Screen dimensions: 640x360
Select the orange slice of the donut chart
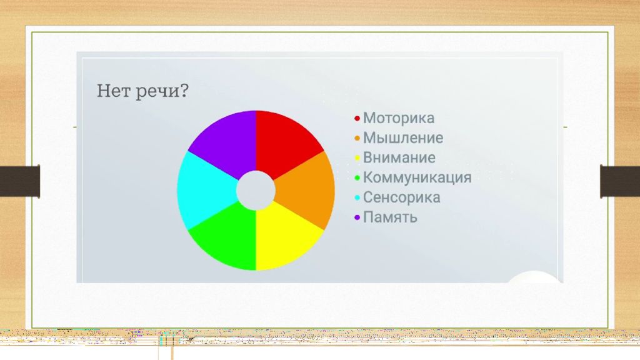coord(307,190)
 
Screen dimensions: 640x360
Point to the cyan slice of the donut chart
coord(205,190)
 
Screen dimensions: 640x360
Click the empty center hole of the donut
coord(256,190)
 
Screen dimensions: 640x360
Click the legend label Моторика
coord(399,118)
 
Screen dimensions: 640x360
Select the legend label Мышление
coord(403,138)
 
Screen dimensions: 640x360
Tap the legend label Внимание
coord(399,157)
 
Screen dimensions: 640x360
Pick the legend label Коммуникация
coord(417,177)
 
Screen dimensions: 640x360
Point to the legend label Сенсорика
coord(402,197)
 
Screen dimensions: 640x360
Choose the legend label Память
coord(390,217)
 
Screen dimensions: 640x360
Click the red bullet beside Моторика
coord(357,118)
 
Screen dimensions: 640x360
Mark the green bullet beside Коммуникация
coord(357,178)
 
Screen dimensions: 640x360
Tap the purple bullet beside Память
coord(357,217)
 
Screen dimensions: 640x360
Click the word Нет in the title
coord(114,90)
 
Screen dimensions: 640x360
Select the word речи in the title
coord(156,91)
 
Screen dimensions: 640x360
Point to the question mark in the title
coord(184,90)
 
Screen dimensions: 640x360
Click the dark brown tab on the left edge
coord(20,181)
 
